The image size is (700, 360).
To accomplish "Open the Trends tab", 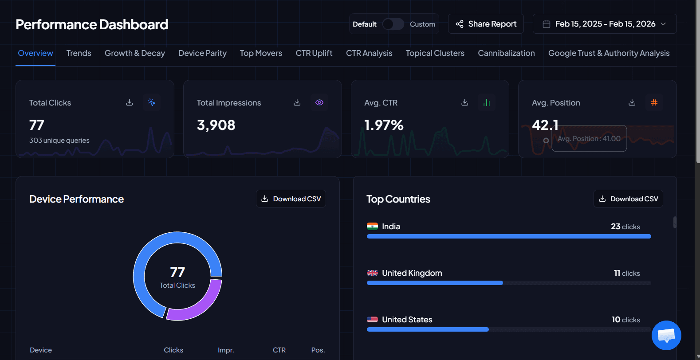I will point(79,53).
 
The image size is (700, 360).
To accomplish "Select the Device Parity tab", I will point(202,53).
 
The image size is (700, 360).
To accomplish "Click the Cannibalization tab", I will point(506,53).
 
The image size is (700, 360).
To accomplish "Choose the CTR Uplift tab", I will point(314,53).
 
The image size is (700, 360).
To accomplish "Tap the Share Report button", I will point(486,24).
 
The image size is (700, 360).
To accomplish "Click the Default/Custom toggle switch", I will point(393,24).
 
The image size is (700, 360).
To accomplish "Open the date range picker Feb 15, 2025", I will point(605,24).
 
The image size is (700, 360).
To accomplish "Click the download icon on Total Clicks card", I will point(130,102).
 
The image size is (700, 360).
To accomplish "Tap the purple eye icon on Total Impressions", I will point(319,102).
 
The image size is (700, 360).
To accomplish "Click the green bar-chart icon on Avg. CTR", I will point(487,102).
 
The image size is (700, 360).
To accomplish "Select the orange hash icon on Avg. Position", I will point(654,102).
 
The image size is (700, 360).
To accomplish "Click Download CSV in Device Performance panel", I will point(291,199).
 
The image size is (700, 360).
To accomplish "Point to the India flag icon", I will point(372,227).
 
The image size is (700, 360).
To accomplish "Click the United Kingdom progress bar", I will point(435,283).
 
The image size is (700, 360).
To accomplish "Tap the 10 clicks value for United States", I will point(625,320).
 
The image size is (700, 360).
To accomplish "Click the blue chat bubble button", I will point(666,335).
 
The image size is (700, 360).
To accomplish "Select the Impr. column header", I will point(226,350).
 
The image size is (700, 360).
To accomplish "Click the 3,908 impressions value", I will point(216,125).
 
